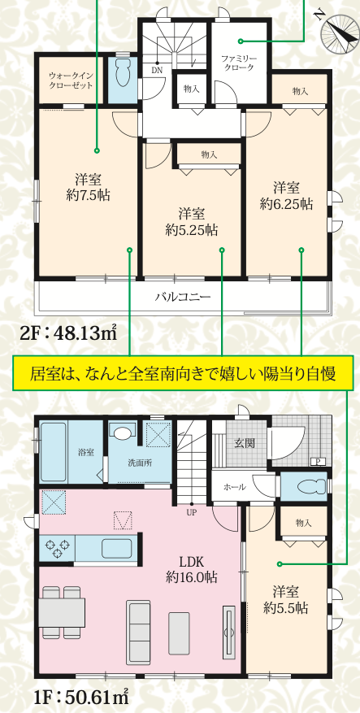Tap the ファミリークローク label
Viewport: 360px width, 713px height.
[239, 63]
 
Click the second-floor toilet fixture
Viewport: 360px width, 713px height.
[123, 72]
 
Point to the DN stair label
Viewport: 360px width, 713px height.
[156, 70]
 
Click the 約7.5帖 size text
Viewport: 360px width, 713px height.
[88, 196]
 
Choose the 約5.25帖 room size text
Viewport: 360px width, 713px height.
[191, 230]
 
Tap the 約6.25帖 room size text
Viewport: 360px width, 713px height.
[286, 204]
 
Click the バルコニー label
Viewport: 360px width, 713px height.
[183, 298]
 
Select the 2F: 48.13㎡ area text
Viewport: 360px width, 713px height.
[68, 335]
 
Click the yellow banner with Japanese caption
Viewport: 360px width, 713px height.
[182, 373]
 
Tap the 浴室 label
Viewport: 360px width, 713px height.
[85, 453]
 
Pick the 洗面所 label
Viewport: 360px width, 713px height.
[140, 463]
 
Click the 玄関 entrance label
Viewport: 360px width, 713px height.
[244, 442]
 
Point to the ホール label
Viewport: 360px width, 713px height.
[235, 487]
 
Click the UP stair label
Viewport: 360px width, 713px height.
[191, 511]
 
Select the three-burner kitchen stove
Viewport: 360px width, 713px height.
[58, 547]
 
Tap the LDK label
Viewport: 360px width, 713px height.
[190, 562]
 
